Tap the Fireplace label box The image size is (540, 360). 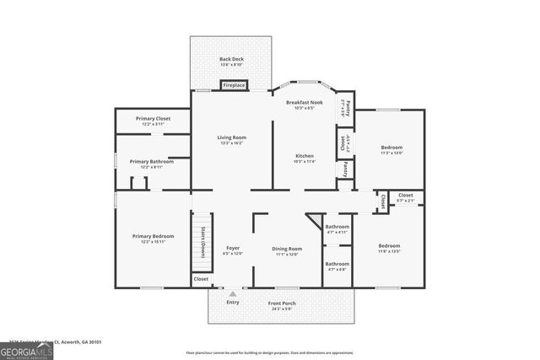[234, 85]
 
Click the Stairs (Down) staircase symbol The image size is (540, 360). [202, 244]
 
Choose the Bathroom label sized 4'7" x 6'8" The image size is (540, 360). [337, 266]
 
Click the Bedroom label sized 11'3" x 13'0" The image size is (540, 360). [391, 150]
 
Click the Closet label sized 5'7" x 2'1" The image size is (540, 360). [406, 197]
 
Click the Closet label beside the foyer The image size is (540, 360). [201, 278]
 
